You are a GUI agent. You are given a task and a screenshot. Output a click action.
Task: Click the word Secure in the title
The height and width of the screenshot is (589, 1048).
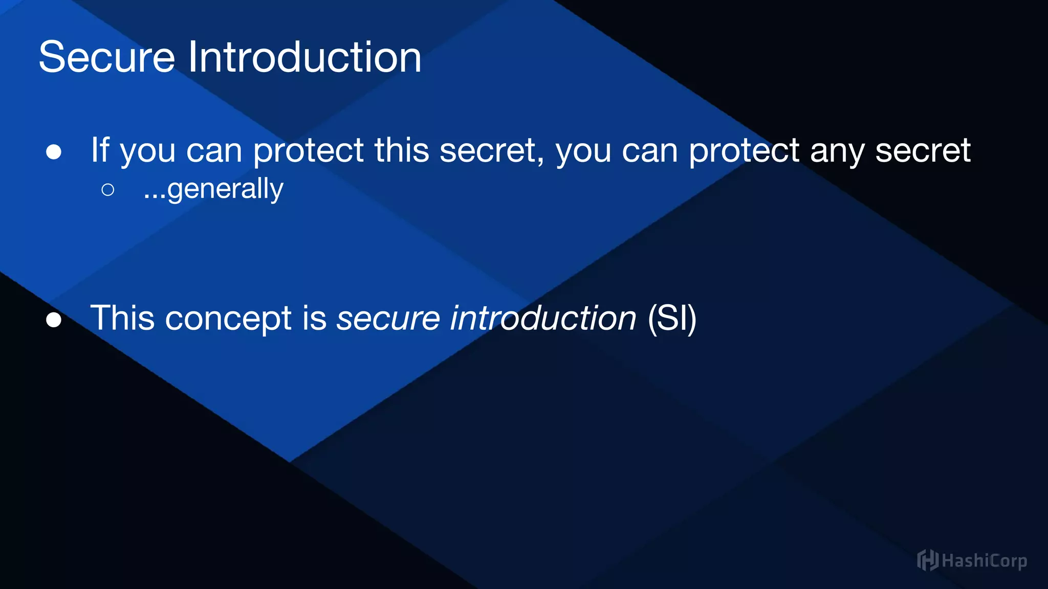[x=106, y=57]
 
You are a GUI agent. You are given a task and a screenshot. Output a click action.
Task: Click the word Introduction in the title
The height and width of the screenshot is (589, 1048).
[x=304, y=57]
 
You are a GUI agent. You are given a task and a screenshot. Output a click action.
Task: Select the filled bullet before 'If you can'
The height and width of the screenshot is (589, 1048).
[x=54, y=152]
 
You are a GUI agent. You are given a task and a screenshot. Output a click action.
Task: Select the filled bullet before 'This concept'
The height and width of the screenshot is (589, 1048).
[x=54, y=320]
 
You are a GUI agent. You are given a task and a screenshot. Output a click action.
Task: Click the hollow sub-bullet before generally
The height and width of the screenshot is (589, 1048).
[x=107, y=190]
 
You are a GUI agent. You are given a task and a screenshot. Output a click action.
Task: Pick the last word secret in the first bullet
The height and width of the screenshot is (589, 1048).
[x=923, y=151]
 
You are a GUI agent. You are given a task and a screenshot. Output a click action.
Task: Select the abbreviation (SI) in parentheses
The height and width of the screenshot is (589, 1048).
[x=671, y=318]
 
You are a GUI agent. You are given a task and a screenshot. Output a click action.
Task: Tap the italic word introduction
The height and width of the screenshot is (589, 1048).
[x=543, y=318]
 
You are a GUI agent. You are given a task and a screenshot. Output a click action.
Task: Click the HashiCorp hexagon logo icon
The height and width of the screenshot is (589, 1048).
[x=927, y=560]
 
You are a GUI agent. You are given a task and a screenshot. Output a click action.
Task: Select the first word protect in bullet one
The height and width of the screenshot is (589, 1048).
[x=308, y=151]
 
